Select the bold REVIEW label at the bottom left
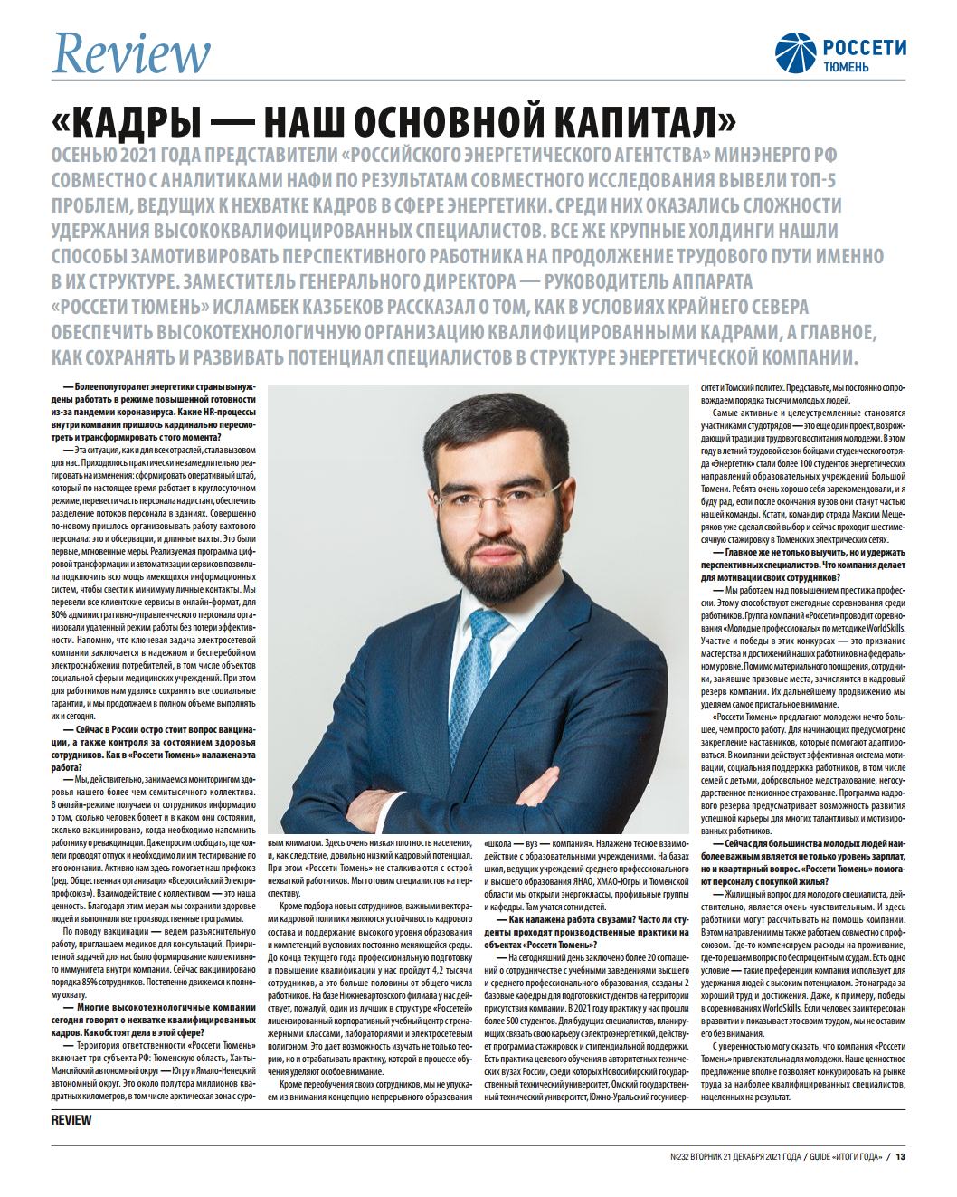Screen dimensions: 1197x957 click(x=71, y=1120)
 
